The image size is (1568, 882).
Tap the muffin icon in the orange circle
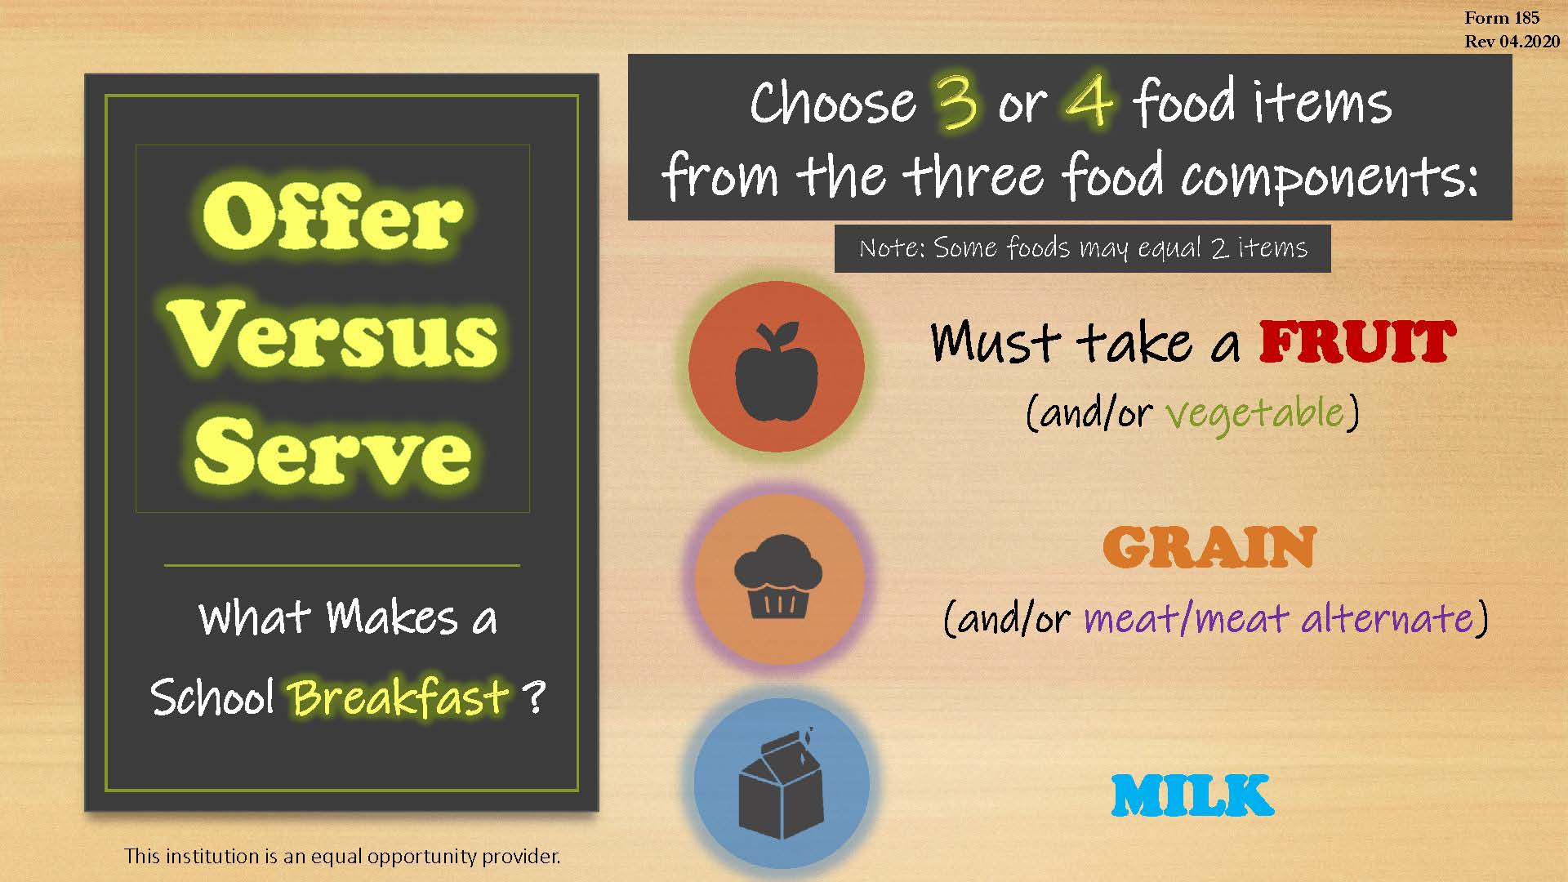(778, 577)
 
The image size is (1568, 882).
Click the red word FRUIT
(1356, 342)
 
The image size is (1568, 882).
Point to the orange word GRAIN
(1209, 548)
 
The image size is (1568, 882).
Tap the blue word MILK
(1192, 795)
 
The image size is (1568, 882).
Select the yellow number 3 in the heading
(957, 103)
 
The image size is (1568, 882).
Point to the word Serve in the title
(333, 452)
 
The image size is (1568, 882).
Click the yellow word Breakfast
(399, 698)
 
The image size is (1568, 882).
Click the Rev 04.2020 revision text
(1512, 42)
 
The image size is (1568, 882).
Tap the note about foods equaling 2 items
(1082, 248)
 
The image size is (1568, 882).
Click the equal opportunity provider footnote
(342, 857)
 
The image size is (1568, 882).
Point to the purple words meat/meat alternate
(1278, 618)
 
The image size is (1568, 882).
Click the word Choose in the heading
(833, 104)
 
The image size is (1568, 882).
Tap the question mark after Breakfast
(532, 698)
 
